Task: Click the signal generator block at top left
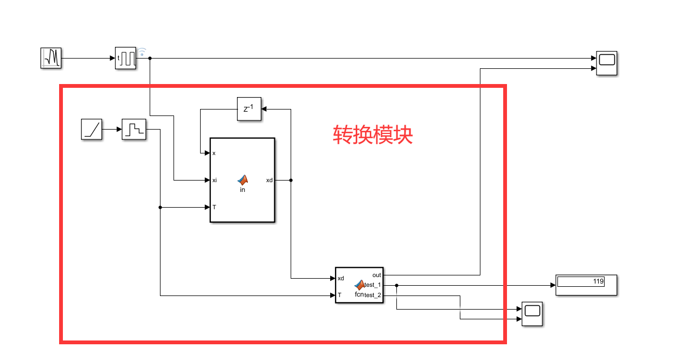[51, 58]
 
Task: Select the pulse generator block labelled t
[126, 58]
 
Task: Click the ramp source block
[92, 130]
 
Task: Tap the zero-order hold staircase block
[134, 130]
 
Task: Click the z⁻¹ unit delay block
[249, 109]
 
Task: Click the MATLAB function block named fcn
[359, 285]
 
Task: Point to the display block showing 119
[586, 284]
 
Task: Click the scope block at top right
[607, 63]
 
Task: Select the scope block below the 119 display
[532, 314]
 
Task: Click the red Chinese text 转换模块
[373, 134]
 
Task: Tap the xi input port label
[215, 180]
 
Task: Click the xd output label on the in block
[269, 180]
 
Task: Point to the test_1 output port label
[373, 285]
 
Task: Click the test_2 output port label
[373, 295]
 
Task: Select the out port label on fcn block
[377, 275]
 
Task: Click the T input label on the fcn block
[339, 295]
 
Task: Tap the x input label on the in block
[214, 153]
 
